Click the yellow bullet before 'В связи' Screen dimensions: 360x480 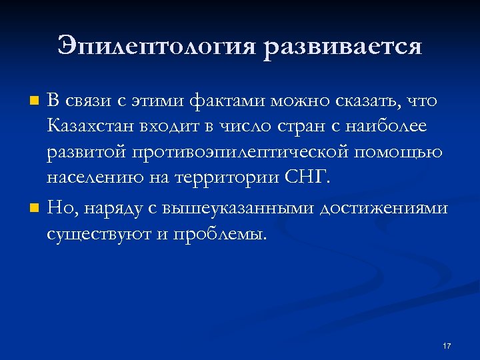(35, 102)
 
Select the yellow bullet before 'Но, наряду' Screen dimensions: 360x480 (35, 209)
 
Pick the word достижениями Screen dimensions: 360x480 (383, 209)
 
